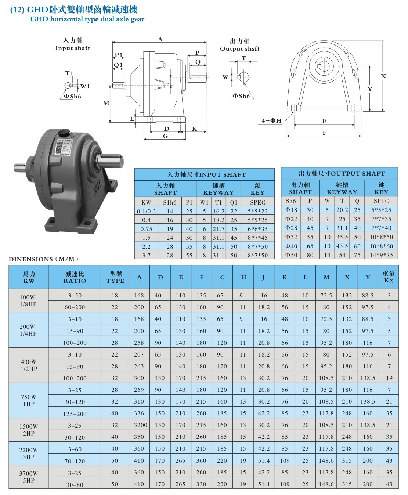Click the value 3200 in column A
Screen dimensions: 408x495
(140, 425)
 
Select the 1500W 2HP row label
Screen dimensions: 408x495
(28, 430)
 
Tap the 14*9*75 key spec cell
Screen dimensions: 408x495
(381, 255)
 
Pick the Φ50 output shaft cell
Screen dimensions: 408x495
(291, 255)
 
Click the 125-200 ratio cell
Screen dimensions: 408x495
(75, 414)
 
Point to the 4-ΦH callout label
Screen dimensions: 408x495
(271, 120)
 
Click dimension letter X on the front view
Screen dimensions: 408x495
(383, 76)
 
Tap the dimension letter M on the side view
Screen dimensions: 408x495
(106, 103)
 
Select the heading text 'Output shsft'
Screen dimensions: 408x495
(240, 49)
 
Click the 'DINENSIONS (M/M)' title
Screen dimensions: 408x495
(43, 259)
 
